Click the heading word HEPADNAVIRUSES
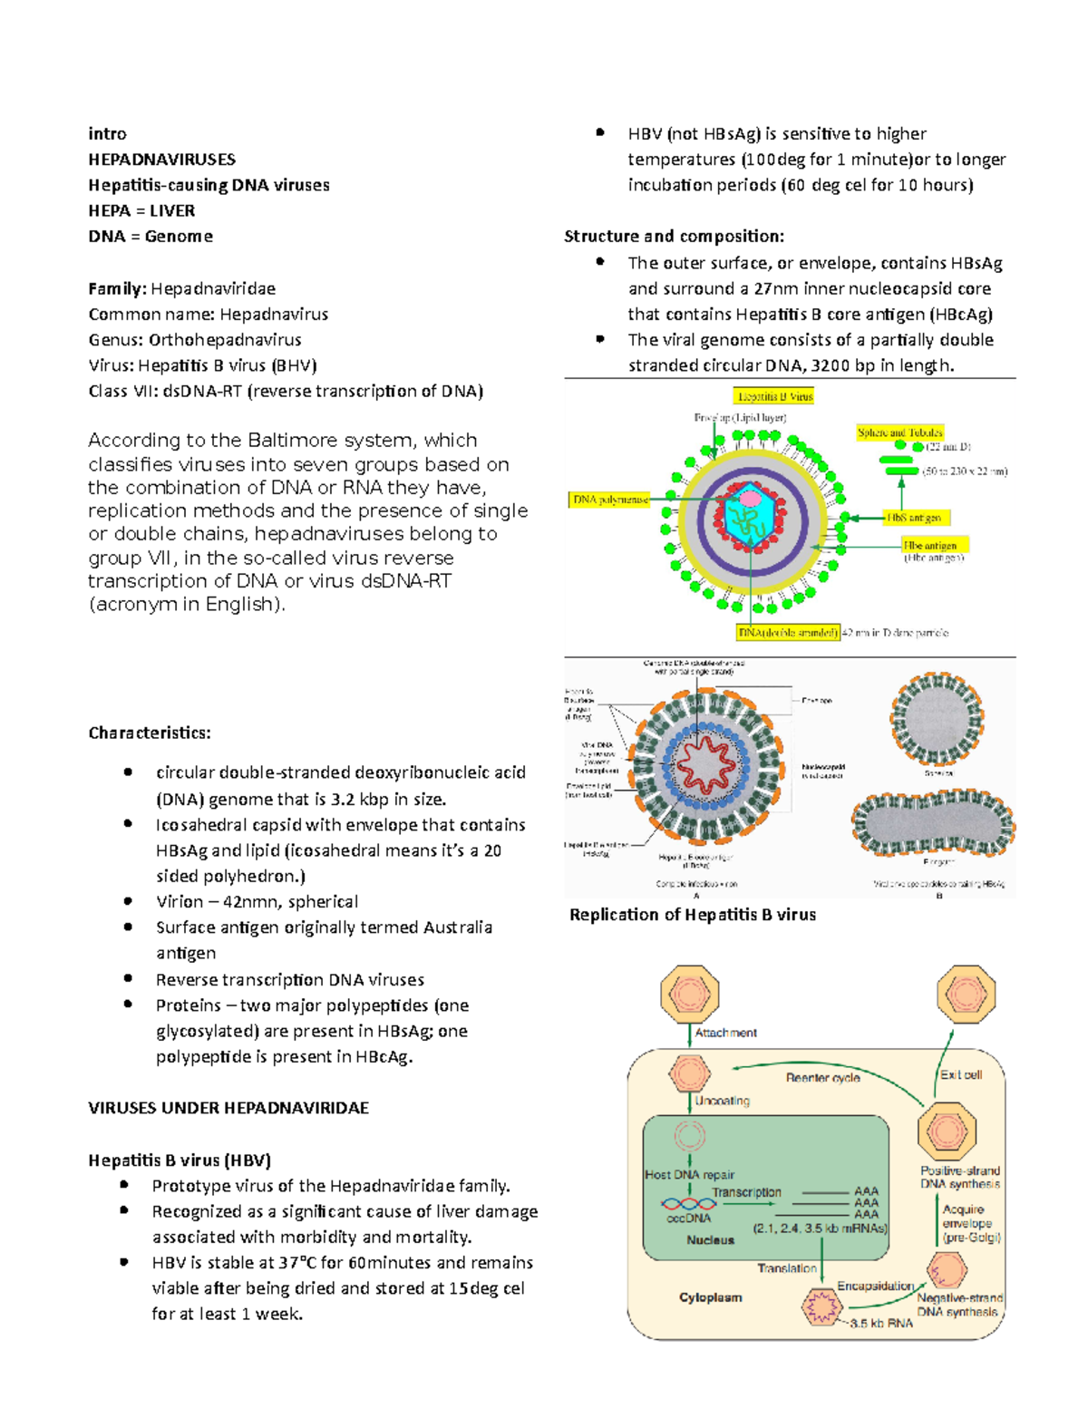click(161, 160)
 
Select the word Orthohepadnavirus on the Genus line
click(225, 340)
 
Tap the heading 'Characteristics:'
click(150, 733)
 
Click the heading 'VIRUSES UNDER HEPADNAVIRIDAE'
click(228, 1108)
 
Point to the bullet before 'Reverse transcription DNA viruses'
click(129, 979)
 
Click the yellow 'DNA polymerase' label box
click(609, 500)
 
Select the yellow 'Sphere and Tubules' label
click(900, 432)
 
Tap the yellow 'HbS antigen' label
click(914, 518)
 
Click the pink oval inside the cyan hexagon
click(750, 497)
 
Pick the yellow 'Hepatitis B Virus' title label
click(774, 396)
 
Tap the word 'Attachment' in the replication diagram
click(725, 1033)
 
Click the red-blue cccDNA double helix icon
click(688, 1204)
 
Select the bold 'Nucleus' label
click(710, 1240)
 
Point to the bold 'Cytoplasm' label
click(711, 1297)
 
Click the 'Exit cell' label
click(960, 1074)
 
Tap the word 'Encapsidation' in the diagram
click(875, 1287)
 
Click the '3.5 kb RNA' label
click(881, 1324)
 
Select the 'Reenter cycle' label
click(822, 1078)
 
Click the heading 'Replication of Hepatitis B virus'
click(693, 915)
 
